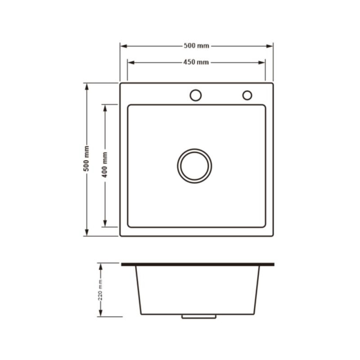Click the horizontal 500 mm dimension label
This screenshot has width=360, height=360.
pyautogui.click(x=196, y=46)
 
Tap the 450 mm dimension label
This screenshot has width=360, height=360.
pyautogui.click(x=196, y=62)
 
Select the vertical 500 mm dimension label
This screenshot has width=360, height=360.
pyautogui.click(x=86, y=159)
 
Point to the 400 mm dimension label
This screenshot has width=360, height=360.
pyautogui.click(x=104, y=165)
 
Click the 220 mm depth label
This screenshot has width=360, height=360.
pyautogui.click(x=100, y=290)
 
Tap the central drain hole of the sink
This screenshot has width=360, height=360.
pyautogui.click(x=194, y=166)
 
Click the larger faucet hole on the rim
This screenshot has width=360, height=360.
pyautogui.click(x=195, y=95)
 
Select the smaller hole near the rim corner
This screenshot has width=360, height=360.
pyautogui.click(x=247, y=95)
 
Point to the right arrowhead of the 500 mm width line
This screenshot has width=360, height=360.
pyautogui.click(x=269, y=46)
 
